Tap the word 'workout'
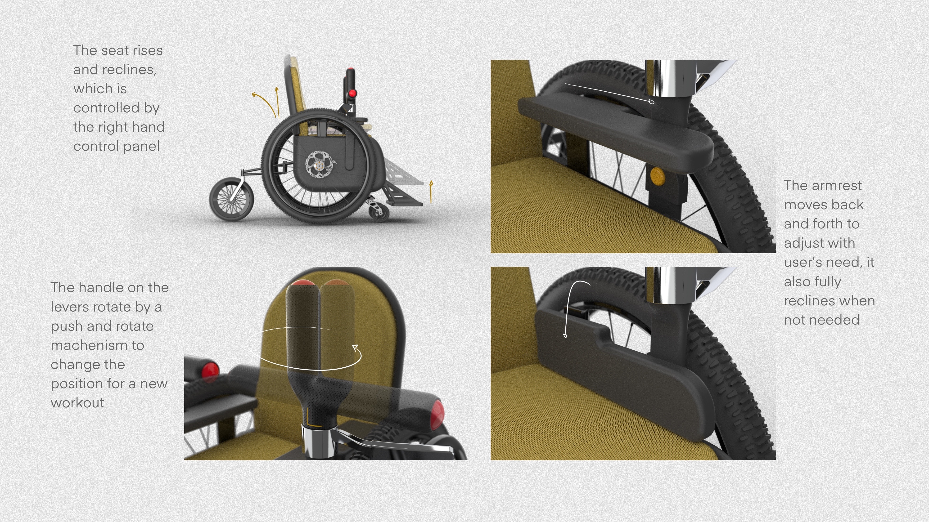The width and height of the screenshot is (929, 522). (77, 403)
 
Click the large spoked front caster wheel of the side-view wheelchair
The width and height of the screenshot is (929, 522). (231, 199)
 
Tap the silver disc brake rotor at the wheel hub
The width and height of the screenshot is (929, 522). (318, 165)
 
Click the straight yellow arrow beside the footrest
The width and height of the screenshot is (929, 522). (431, 192)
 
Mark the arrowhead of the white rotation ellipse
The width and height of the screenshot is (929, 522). (356, 348)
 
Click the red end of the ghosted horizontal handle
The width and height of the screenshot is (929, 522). (437, 414)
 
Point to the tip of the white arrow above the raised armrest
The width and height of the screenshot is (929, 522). (651, 102)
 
